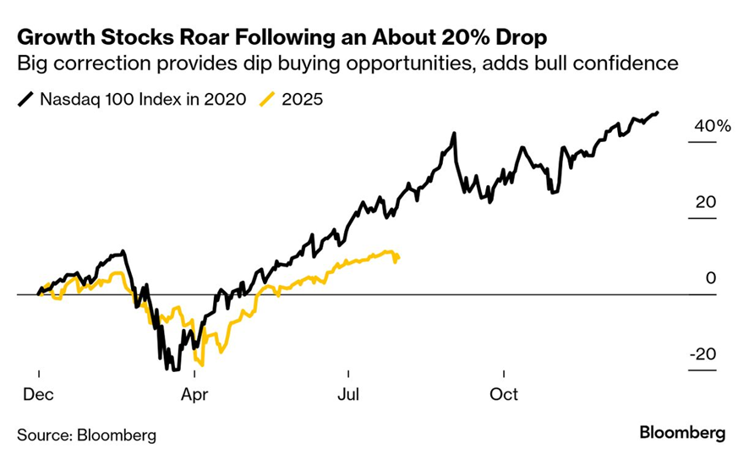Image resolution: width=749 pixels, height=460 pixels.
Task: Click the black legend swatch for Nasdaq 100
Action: tap(25, 99)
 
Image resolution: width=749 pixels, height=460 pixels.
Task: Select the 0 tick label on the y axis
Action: tap(712, 279)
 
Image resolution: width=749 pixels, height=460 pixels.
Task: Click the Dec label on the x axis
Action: tap(39, 395)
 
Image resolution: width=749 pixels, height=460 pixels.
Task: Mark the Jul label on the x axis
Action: tap(348, 395)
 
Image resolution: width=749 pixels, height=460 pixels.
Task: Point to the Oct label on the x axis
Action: tap(504, 395)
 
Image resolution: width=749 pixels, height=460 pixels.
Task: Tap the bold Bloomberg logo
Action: tap(682, 434)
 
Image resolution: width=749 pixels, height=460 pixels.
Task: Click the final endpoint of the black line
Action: tap(658, 112)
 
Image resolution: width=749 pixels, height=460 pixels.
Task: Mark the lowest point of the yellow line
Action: tap(202, 364)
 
